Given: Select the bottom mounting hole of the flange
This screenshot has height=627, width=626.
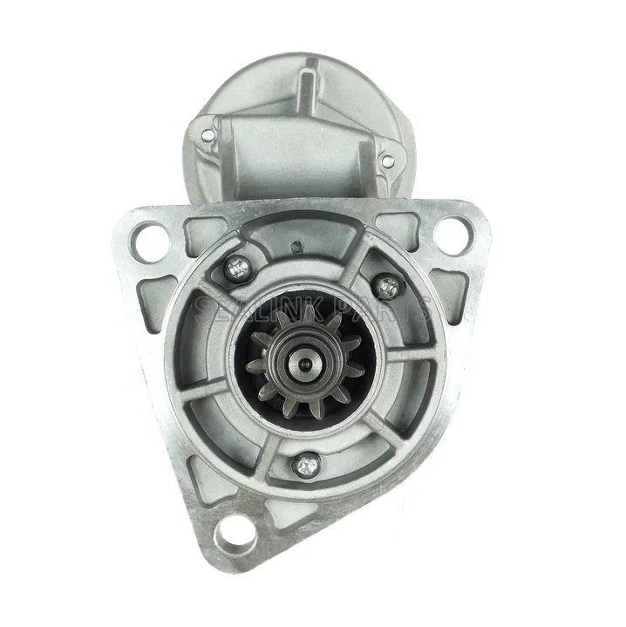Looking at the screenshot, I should coord(233,529).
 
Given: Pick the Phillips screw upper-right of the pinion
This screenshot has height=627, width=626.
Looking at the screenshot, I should coord(387,286).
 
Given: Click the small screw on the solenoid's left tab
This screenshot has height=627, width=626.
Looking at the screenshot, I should coord(208,136).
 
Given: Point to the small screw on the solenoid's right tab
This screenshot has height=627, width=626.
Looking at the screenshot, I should coord(388,161).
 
